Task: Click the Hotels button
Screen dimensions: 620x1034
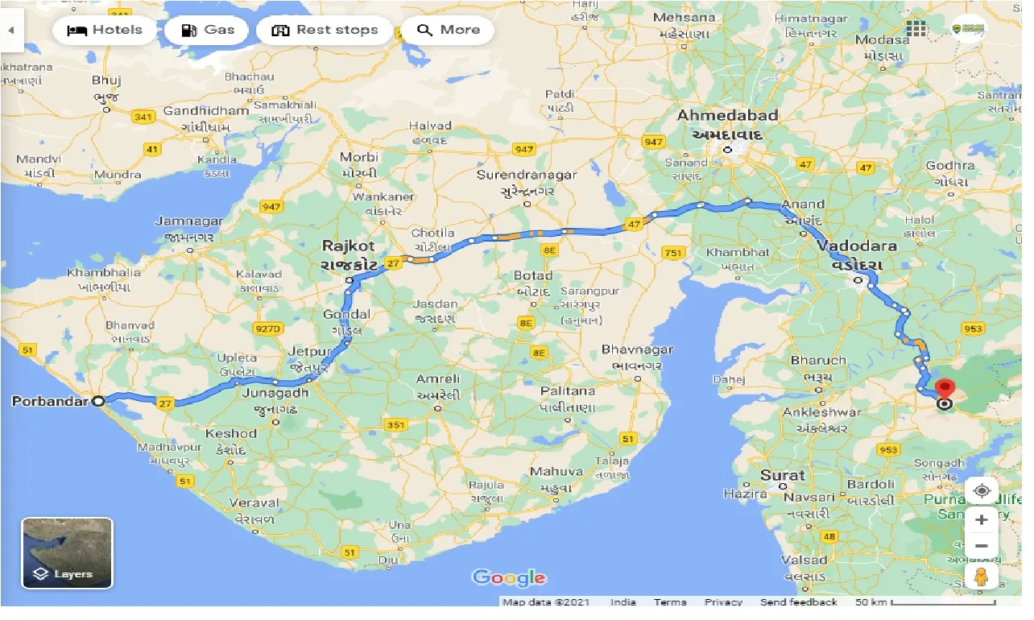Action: coord(104,31)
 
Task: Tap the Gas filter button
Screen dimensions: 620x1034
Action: coord(208,31)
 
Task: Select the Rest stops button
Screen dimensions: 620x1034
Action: coord(325,31)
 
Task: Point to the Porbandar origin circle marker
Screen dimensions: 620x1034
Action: coord(98,400)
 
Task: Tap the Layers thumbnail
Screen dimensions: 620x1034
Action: coord(67,552)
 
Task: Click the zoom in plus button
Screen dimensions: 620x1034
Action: coord(981,520)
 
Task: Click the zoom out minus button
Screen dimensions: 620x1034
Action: coord(981,546)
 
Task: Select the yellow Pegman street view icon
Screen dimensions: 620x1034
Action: coord(981,577)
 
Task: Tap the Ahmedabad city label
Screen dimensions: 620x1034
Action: coord(727,115)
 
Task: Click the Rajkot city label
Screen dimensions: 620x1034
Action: coord(349,246)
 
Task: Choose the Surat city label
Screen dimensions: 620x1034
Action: coord(783,475)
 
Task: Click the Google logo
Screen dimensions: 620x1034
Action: coord(509,577)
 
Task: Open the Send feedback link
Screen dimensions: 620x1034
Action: coord(798,602)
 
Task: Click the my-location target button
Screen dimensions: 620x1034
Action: coord(981,490)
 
